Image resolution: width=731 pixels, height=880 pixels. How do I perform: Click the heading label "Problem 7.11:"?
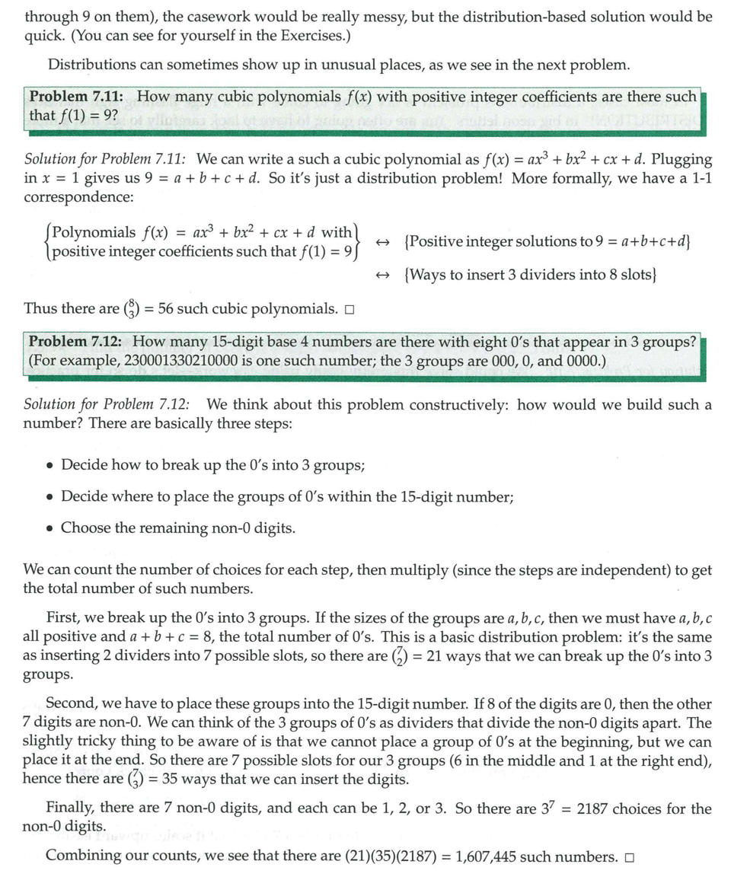pos(78,97)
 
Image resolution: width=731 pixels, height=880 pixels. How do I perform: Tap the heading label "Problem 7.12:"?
pos(78,342)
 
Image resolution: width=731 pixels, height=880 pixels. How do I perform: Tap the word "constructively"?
pos(458,404)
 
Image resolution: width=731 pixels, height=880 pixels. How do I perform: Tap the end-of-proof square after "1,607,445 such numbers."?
pos(629,857)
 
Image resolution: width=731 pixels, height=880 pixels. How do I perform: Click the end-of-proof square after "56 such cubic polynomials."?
pos(350,309)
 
